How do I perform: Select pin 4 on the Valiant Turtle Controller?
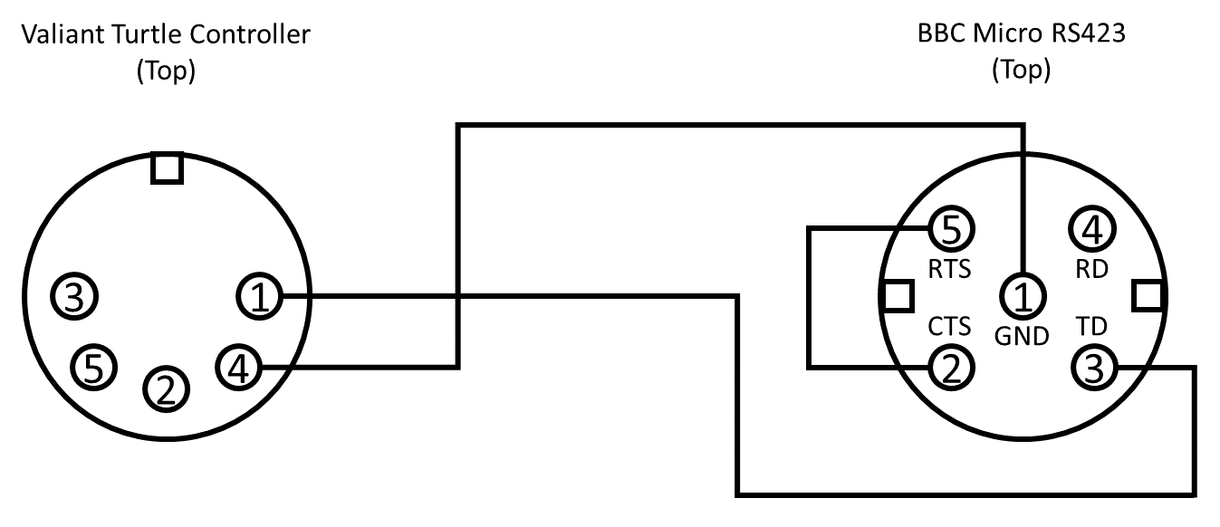[x=238, y=367]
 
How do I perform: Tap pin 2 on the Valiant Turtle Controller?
[x=166, y=388]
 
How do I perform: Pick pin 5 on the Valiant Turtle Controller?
[x=94, y=366]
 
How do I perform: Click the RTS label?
[x=949, y=269]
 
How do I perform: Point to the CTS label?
[x=949, y=325]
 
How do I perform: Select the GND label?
[x=1022, y=336]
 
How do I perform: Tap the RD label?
[x=1092, y=269]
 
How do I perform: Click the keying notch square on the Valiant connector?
[x=167, y=168]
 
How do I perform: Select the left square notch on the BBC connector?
[x=896, y=294]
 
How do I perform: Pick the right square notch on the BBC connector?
[x=1148, y=294]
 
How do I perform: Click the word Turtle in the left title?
[x=134, y=35]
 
